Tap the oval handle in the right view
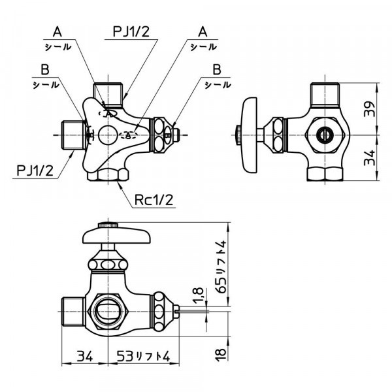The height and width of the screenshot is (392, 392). click(x=250, y=136)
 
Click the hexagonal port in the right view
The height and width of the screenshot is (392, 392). click(x=323, y=135)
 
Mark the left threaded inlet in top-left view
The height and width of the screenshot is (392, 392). click(x=71, y=135)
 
